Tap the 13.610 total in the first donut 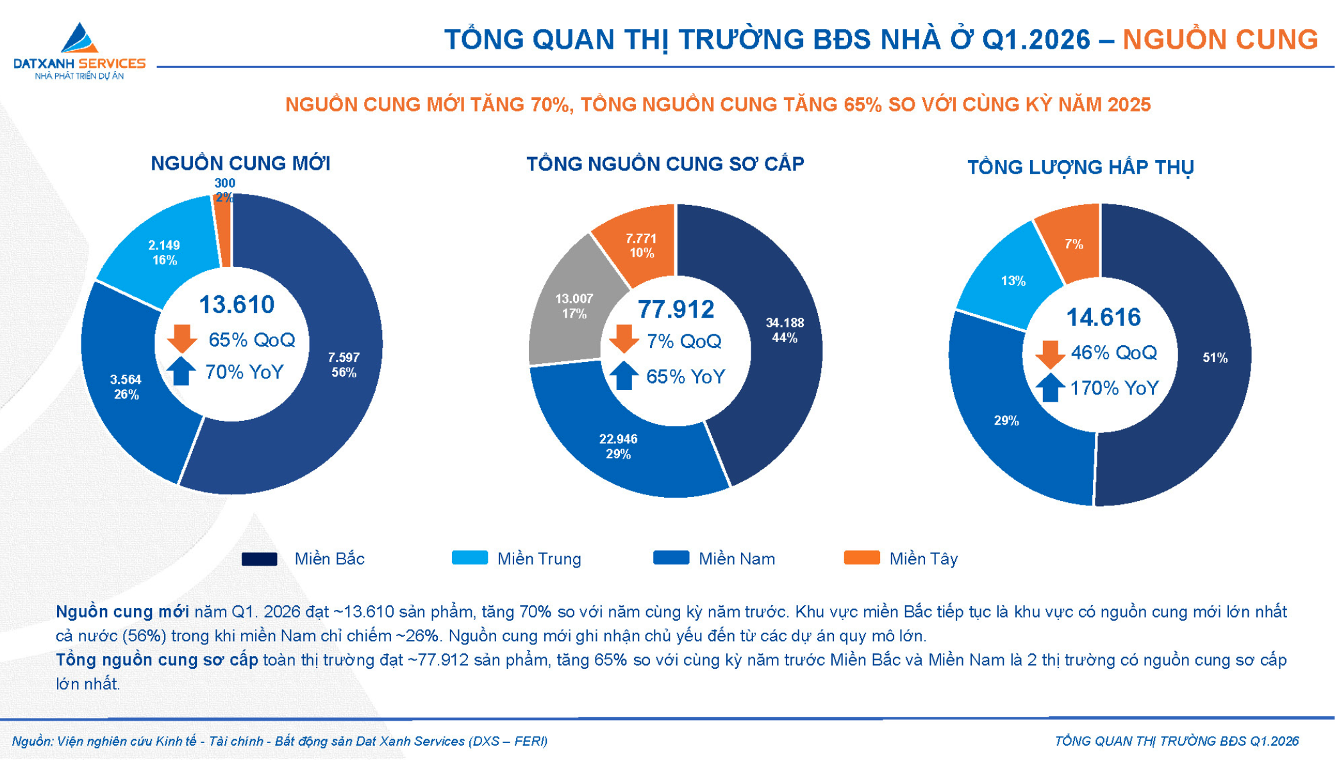[x=237, y=305]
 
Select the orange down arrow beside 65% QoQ [x=182, y=338]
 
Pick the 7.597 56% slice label [x=344, y=364]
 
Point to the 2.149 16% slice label [x=164, y=252]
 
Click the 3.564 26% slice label [x=126, y=387]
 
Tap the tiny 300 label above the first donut [x=224, y=183]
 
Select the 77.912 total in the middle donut [x=676, y=309]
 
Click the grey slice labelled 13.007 [x=573, y=306]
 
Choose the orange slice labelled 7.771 [x=641, y=245]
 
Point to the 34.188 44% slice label [x=785, y=330]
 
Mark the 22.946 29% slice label [x=618, y=446]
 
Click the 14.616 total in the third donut [x=1103, y=318]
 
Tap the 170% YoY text [x=1114, y=388]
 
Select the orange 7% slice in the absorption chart [x=1074, y=244]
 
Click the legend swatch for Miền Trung [x=469, y=558]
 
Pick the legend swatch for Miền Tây [x=862, y=558]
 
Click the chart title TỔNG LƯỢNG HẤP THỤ [x=1080, y=167]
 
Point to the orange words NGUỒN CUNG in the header [x=1220, y=40]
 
